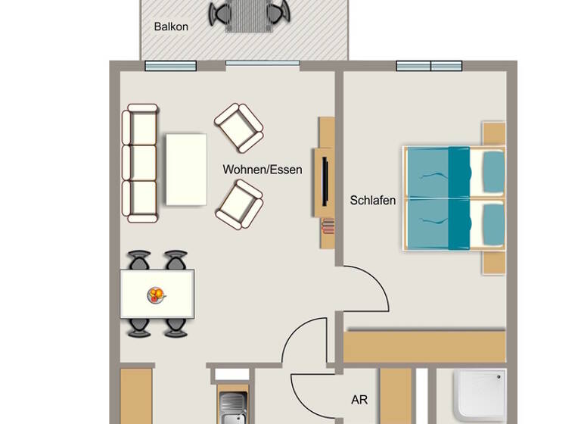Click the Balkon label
click(171, 26)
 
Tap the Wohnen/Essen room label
click(262, 170)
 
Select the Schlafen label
click(373, 201)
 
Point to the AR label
click(359, 399)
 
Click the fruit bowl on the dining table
click(156, 294)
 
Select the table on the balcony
click(249, 15)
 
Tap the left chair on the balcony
click(221, 14)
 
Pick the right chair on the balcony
click(277, 14)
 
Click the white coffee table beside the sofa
click(186, 169)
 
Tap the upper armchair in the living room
click(239, 127)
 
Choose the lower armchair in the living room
click(239, 203)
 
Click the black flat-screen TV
click(325, 179)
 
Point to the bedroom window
click(429, 66)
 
